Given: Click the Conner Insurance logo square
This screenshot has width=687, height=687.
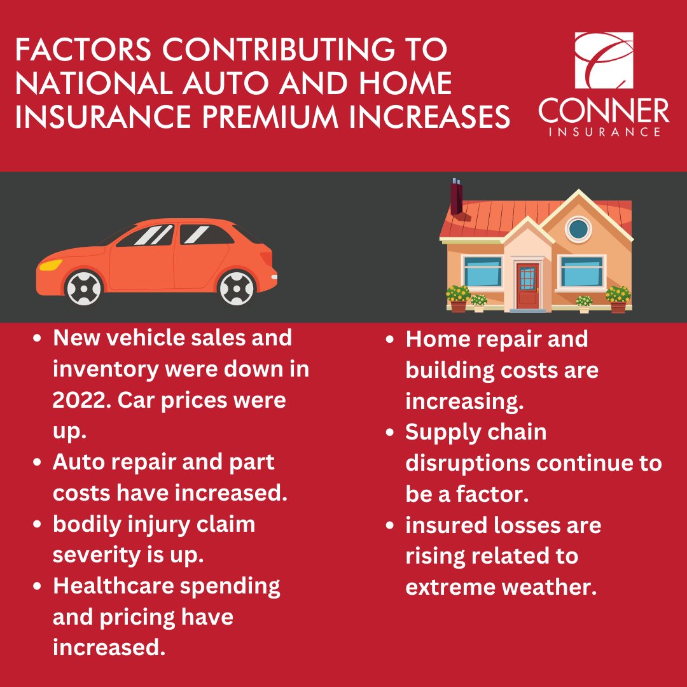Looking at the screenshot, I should pyautogui.click(x=604, y=60).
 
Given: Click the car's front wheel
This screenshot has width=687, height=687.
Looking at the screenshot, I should pyautogui.click(x=83, y=287).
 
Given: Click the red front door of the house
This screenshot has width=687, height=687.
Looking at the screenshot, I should pyautogui.click(x=527, y=287).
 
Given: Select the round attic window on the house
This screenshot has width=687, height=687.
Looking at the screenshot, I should pyautogui.click(x=578, y=228).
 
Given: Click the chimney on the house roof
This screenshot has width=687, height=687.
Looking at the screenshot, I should pyautogui.click(x=456, y=197).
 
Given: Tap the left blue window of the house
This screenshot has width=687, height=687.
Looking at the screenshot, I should pyautogui.click(x=483, y=271).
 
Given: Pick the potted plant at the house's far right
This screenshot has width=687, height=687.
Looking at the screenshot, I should pyautogui.click(x=618, y=298).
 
